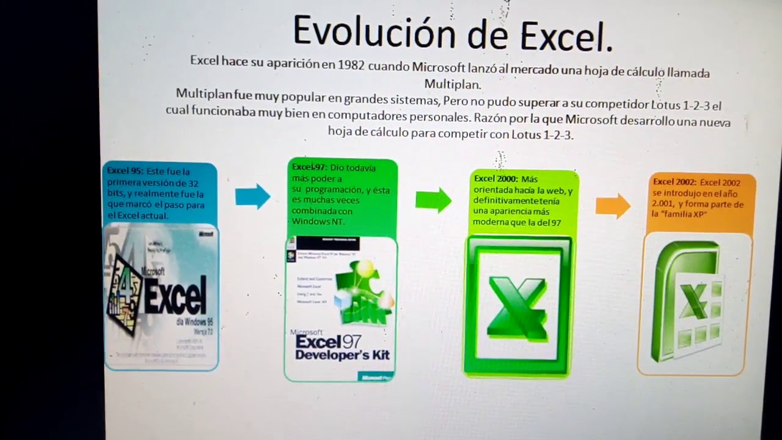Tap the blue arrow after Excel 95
[252, 196]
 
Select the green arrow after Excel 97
[433, 200]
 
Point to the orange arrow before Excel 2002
[613, 206]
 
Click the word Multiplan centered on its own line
[453, 84]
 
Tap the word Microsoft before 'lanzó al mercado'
[437, 66]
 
